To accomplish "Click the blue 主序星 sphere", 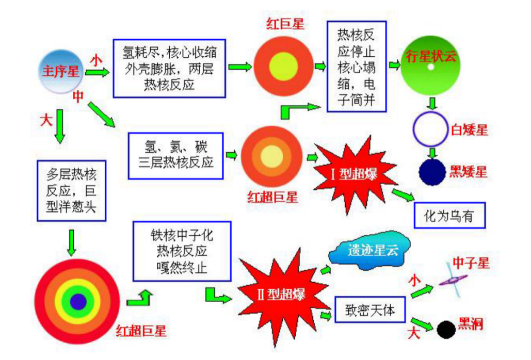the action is [60, 71].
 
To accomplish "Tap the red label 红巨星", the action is [285, 24].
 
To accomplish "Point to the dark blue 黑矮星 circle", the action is [431, 172].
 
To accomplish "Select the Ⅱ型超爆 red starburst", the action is [280, 294].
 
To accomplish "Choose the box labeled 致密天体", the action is [370, 309].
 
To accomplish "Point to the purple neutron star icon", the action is [453, 280].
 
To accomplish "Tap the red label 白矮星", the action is [469, 130].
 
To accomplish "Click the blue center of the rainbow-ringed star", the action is [78, 301].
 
